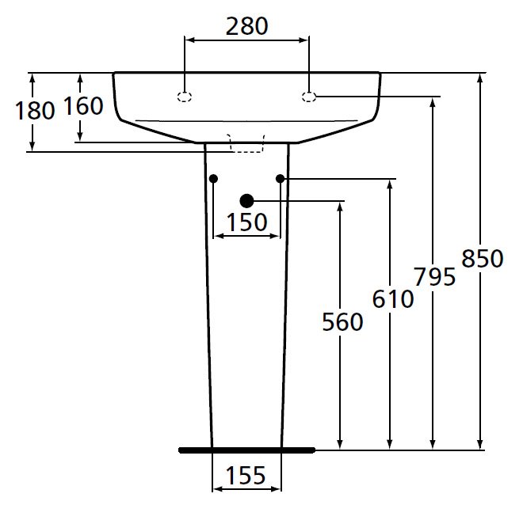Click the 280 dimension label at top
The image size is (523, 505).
pyautogui.click(x=246, y=26)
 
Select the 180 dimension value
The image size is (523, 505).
pyautogui.click(x=34, y=111)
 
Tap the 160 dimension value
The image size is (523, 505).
pyautogui.click(x=83, y=106)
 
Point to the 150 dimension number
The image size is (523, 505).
pyautogui.click(x=246, y=223)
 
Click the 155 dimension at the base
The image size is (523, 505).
pyautogui.click(x=246, y=476)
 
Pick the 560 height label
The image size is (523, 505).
pyautogui.click(x=342, y=322)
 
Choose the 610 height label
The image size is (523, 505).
pyautogui.click(x=391, y=298)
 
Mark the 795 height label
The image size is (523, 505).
pyautogui.click(x=434, y=277)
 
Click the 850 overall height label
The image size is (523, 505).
pyautogui.click(x=482, y=259)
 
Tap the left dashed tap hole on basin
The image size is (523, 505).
pyautogui.click(x=185, y=97)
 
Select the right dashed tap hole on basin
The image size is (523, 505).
pyautogui.click(x=309, y=97)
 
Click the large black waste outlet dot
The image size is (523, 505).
pyautogui.click(x=246, y=201)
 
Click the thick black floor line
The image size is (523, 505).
pyautogui.click(x=246, y=450)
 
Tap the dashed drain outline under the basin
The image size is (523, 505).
pyautogui.click(x=246, y=142)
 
